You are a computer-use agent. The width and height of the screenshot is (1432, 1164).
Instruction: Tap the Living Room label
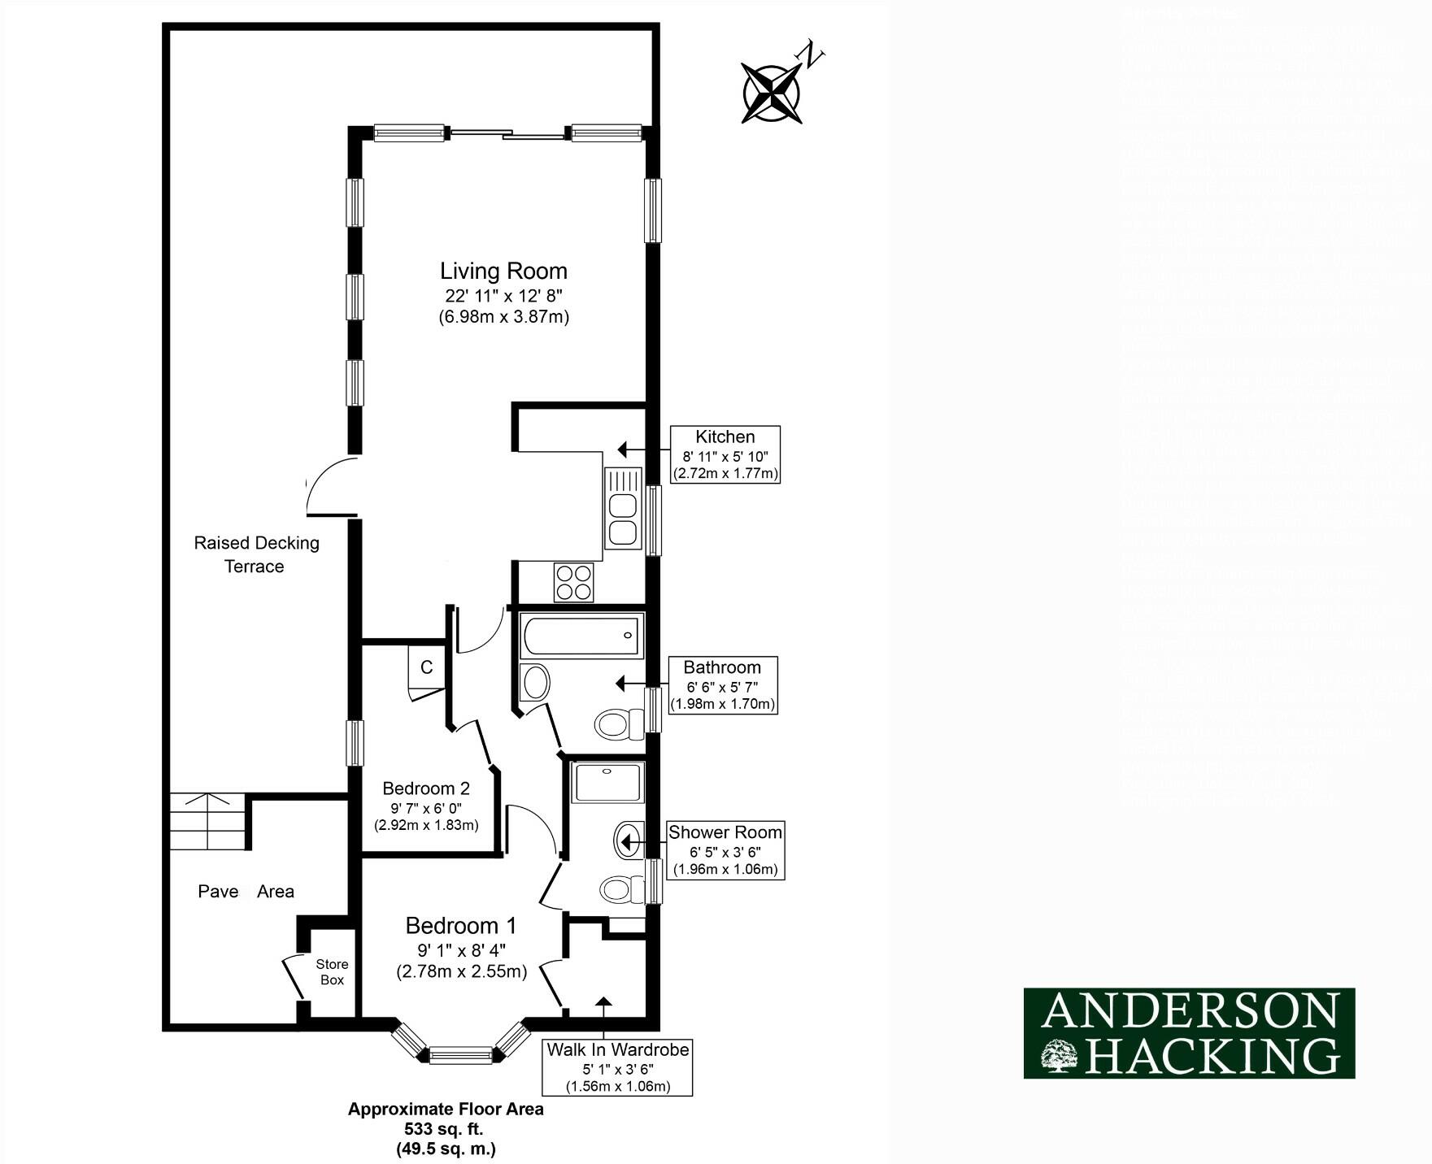pyautogui.click(x=503, y=271)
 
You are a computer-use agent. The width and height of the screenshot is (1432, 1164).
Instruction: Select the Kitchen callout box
pyautogui.click(x=725, y=454)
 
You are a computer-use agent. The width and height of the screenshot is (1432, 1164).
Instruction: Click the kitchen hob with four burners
pyautogui.click(x=573, y=582)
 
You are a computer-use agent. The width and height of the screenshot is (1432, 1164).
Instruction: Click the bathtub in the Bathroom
pyautogui.click(x=581, y=636)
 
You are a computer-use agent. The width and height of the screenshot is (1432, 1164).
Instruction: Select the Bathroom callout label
pyautogui.click(x=722, y=684)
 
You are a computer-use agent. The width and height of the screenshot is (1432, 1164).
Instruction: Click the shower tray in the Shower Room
pyautogui.click(x=607, y=782)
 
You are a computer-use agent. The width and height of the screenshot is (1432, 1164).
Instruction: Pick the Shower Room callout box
pyautogui.click(x=725, y=850)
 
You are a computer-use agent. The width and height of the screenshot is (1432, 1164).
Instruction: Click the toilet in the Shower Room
pyautogui.click(x=622, y=889)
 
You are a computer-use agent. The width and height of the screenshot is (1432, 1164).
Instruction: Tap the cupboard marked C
pyautogui.click(x=426, y=667)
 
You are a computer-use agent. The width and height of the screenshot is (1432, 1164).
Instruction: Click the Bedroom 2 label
pyautogui.click(x=426, y=788)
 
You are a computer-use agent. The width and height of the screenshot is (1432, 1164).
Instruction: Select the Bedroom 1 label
pyautogui.click(x=461, y=926)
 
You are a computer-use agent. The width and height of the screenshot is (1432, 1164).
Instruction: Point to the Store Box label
pyautogui.click(x=332, y=972)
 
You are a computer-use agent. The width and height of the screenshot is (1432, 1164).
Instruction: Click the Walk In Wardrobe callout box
pyautogui.click(x=617, y=1067)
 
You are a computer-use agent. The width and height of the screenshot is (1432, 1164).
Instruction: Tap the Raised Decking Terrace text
pyautogui.click(x=256, y=554)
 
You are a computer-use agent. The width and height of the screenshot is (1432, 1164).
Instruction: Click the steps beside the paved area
pyautogui.click(x=207, y=822)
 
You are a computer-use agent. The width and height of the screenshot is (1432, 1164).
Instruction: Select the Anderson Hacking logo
pyautogui.click(x=1189, y=1033)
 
